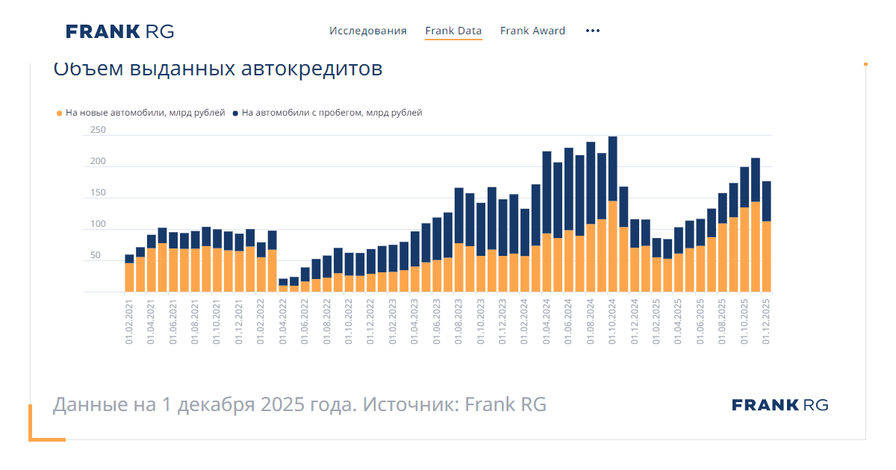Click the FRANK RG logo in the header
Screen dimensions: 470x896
119,31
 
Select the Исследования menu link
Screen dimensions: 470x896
368,31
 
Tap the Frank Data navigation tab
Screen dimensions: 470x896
453,31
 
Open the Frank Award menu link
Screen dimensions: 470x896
532,31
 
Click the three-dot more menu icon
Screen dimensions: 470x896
593,31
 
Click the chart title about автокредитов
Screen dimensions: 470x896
217,69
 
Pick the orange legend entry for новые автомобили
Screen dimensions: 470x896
141,113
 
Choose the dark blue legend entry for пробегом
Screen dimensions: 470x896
328,113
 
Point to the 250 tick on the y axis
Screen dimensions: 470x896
98,131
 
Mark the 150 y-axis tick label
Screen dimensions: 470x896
98,193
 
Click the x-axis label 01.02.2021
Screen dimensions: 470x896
129,319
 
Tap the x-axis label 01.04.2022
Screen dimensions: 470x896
283,319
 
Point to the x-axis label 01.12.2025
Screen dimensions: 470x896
766,319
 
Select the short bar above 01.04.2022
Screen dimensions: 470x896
283,286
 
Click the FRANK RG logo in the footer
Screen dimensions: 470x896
780,405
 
